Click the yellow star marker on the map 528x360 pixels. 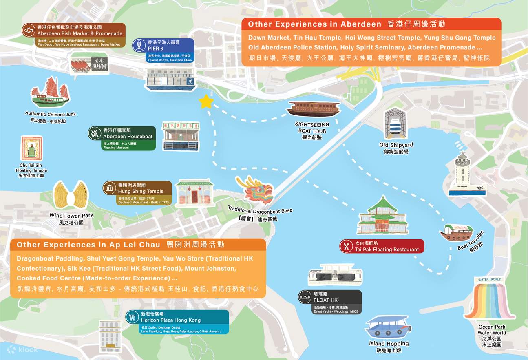(x=206, y=102)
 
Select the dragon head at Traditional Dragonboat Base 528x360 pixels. (x=256, y=190)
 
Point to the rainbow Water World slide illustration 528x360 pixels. (x=489, y=301)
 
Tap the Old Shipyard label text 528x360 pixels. (x=396, y=145)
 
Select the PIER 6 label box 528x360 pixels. (x=163, y=51)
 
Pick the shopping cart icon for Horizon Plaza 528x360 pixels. (x=132, y=317)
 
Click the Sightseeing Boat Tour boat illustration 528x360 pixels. (x=313, y=109)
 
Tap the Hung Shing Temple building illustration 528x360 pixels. (x=194, y=193)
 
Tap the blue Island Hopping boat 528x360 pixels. (x=388, y=327)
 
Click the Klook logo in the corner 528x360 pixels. (x=23, y=350)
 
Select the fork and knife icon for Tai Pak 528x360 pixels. (x=347, y=246)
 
